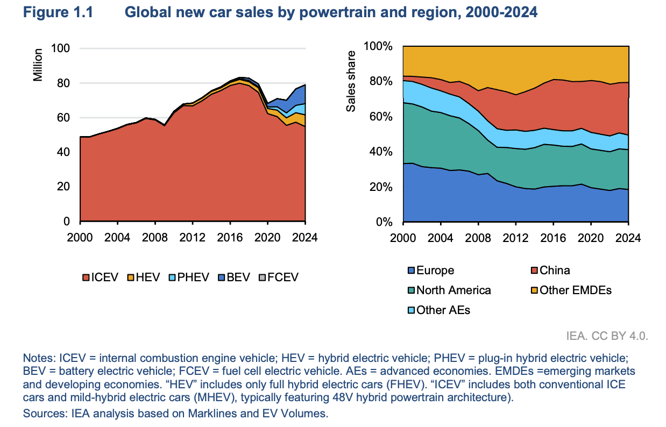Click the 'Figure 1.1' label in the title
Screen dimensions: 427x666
pos(58,12)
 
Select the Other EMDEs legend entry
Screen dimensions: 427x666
pos(570,290)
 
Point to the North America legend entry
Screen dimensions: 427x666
pos(450,290)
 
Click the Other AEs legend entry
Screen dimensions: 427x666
pos(439,310)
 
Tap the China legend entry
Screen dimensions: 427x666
pos(550,271)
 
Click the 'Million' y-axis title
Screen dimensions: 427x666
pos(38,65)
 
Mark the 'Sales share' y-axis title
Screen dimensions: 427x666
pos(351,81)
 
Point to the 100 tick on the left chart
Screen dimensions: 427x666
pos(61,48)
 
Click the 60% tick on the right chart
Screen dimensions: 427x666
pos(382,117)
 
